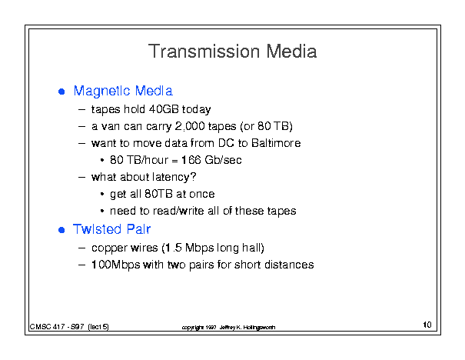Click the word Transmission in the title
point(204,52)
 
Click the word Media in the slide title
point(291,52)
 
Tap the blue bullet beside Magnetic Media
point(61,92)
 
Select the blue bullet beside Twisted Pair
point(61,230)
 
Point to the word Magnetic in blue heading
point(101,92)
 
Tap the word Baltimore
point(276,143)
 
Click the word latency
point(174,177)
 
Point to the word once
point(202,194)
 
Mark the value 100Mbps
point(115,265)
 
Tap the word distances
point(289,265)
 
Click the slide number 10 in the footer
point(427,325)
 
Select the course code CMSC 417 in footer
point(47,327)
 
